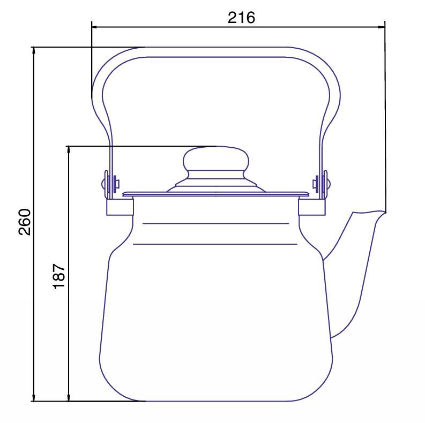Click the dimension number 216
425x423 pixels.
point(241,18)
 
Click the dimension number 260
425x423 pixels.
point(25,222)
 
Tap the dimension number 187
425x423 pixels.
point(59,276)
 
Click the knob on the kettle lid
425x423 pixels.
point(216,159)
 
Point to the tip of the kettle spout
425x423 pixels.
point(385,213)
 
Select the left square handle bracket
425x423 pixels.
point(120,207)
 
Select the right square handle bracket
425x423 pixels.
point(312,207)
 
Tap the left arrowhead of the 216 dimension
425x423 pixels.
point(94,27)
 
